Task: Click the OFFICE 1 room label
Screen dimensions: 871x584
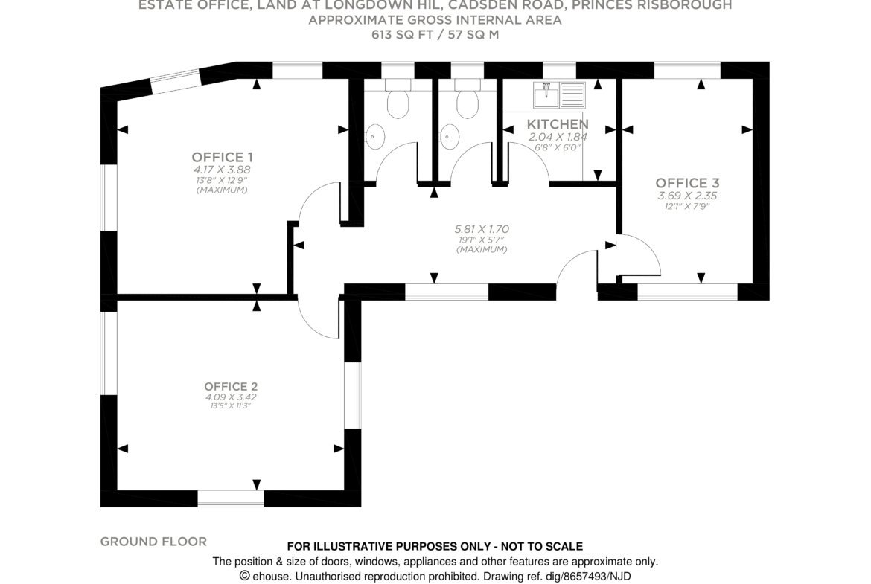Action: pyautogui.click(x=222, y=157)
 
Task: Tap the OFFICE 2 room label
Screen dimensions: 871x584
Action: pyautogui.click(x=231, y=386)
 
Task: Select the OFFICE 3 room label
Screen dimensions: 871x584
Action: pyautogui.click(x=688, y=182)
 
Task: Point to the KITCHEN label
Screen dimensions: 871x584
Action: pyautogui.click(x=558, y=123)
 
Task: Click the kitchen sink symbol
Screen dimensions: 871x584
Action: pyautogui.click(x=559, y=94)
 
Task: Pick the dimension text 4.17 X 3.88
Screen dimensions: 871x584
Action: pyautogui.click(x=222, y=170)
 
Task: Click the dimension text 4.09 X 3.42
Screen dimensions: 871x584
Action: pyautogui.click(x=231, y=397)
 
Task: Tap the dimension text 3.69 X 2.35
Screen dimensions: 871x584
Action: pyautogui.click(x=688, y=196)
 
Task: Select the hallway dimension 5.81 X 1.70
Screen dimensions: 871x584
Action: pyautogui.click(x=482, y=228)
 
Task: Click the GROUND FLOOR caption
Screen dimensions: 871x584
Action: pyautogui.click(x=153, y=542)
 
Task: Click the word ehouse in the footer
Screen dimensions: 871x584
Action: pyautogui.click(x=272, y=577)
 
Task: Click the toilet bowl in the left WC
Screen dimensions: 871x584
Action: pyautogui.click(x=398, y=103)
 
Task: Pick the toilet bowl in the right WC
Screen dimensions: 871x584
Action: pyautogui.click(x=468, y=103)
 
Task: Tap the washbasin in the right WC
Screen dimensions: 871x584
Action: pyautogui.click(x=450, y=135)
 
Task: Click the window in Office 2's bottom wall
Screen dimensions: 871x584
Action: pyautogui.click(x=231, y=498)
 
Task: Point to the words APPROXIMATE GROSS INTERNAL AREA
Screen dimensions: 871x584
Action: pyautogui.click(x=435, y=21)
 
